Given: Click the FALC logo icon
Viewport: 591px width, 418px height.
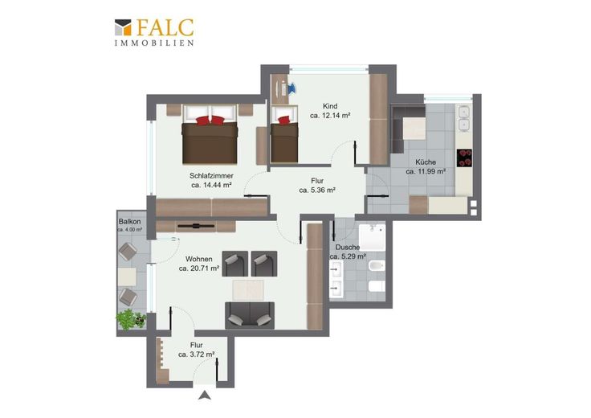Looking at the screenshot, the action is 123,27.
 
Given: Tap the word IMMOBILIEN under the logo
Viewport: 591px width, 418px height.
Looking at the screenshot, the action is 154,43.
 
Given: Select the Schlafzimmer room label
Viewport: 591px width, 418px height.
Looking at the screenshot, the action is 211,176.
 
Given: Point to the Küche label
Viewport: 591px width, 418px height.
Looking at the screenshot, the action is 426,162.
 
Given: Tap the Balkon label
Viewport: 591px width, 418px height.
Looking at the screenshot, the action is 129,221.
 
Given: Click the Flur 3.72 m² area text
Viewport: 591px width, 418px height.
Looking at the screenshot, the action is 197,354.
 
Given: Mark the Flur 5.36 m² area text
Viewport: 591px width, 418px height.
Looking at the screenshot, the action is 317,191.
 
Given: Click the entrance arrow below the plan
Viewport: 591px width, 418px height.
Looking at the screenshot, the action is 205,395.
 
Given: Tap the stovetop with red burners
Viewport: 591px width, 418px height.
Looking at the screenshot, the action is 464,158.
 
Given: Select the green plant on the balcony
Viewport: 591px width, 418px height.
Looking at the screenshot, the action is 130,320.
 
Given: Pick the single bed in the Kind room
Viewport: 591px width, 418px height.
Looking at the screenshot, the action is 284,135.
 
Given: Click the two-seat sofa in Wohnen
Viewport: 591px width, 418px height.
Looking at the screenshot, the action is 250,315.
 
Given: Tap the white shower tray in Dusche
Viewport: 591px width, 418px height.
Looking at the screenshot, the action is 373,238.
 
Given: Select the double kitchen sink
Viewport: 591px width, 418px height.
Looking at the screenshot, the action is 463,118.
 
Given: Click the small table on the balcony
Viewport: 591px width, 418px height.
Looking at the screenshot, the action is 127,277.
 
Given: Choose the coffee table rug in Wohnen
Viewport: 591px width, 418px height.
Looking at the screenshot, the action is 248,289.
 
